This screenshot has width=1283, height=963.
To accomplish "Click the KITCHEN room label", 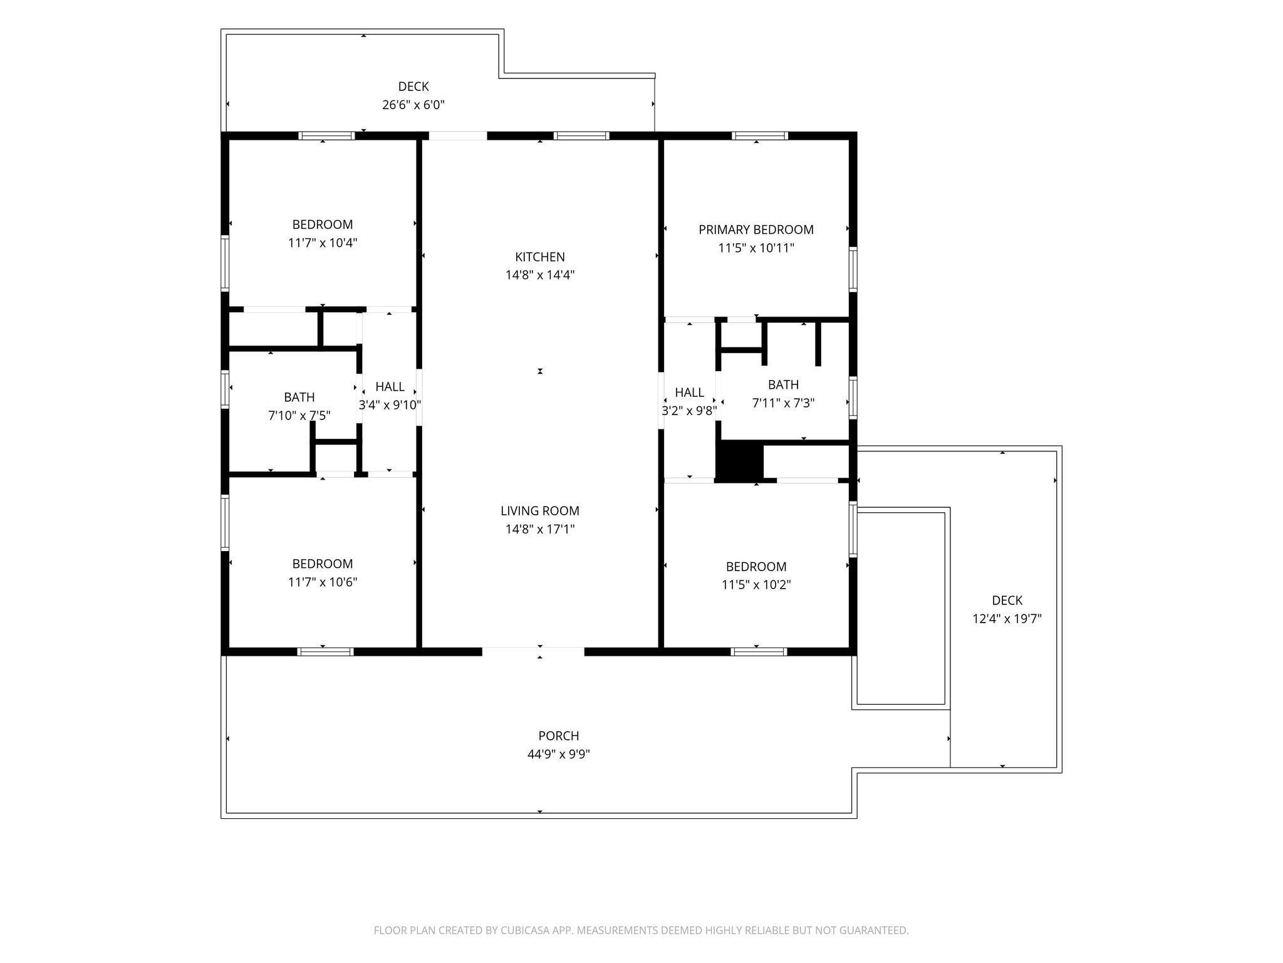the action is tap(539, 257).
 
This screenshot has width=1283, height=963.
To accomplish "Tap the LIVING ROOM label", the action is tap(539, 511).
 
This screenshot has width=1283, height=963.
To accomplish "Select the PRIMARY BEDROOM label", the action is tap(756, 230).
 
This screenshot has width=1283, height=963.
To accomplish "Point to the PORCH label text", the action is tap(558, 736).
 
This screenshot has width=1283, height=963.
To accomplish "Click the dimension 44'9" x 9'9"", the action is tap(558, 754).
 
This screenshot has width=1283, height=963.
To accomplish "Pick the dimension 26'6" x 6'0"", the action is tap(413, 105).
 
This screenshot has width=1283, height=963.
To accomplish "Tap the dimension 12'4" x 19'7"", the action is tap(1007, 619).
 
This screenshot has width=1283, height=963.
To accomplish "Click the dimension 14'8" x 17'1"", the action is tap(539, 529).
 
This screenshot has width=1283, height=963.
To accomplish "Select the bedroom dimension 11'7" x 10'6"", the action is tap(323, 582).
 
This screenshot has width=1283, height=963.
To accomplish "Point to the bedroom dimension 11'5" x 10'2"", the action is tap(756, 585).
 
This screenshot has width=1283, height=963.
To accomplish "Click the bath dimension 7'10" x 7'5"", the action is tap(299, 415).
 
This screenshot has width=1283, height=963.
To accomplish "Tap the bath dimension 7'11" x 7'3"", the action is tap(783, 403).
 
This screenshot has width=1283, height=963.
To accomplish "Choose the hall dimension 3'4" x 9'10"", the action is tap(389, 405).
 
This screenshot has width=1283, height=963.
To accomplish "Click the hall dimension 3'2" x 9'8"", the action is tap(689, 411).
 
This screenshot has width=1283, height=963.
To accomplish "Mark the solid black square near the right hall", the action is tap(739, 461).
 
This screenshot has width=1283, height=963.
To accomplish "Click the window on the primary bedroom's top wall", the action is tap(759, 135).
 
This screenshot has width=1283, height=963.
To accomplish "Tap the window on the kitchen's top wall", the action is tap(581, 135).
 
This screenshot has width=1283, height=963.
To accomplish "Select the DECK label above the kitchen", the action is tap(413, 87).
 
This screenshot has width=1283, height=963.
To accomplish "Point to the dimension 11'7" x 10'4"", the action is tap(323, 243).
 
